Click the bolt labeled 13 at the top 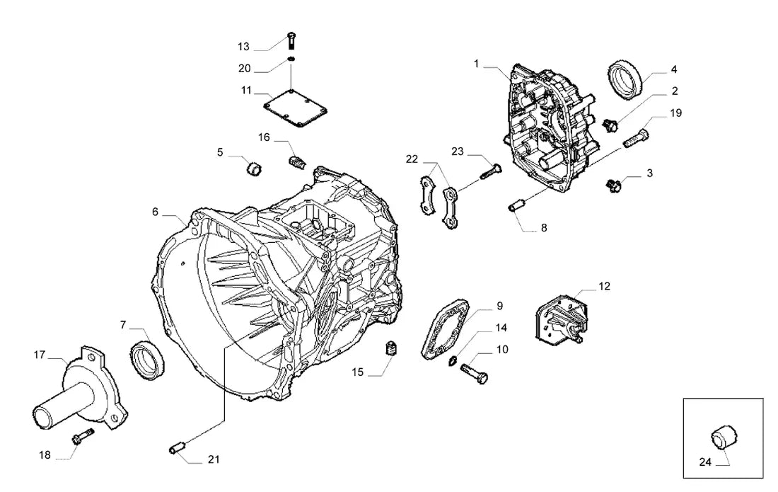(x=291, y=40)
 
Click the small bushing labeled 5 (x=255, y=168)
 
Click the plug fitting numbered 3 (x=614, y=186)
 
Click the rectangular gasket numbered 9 (x=445, y=328)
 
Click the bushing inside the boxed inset (x=724, y=437)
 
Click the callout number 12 (x=604, y=287)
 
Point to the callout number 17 (x=39, y=355)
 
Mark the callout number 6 (x=155, y=212)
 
